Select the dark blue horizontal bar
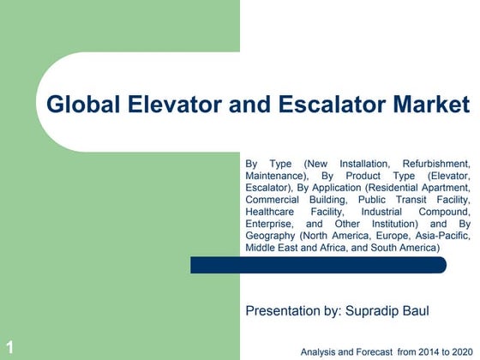pos(318,265)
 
